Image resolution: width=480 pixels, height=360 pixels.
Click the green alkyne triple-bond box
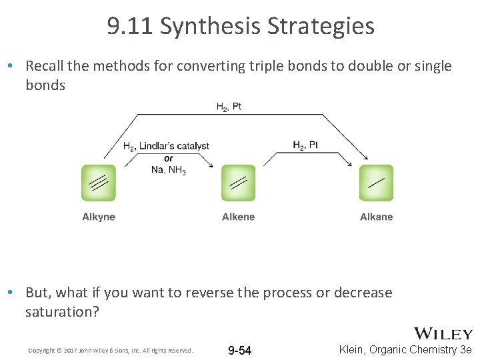click(99, 183)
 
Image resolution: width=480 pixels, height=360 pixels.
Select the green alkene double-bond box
click(238, 183)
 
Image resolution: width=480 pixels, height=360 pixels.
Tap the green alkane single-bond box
click(376, 183)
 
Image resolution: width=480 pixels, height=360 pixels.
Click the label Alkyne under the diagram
click(99, 217)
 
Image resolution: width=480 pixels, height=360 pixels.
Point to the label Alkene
click(238, 217)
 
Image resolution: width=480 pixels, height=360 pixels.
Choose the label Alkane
click(376, 217)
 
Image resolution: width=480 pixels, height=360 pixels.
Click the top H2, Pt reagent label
click(229, 107)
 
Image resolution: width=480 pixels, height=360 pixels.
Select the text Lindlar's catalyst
click(175, 146)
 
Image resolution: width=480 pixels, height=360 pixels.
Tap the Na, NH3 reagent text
click(169, 170)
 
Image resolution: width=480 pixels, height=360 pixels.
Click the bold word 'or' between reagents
click(168, 158)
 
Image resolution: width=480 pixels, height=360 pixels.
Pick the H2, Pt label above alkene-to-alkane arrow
click(305, 145)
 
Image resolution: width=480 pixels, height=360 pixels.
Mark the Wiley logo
click(443, 334)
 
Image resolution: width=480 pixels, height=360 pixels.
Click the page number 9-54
click(240, 351)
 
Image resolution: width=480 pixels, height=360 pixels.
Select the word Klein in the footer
click(353, 349)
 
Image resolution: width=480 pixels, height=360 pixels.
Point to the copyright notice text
click(110, 351)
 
